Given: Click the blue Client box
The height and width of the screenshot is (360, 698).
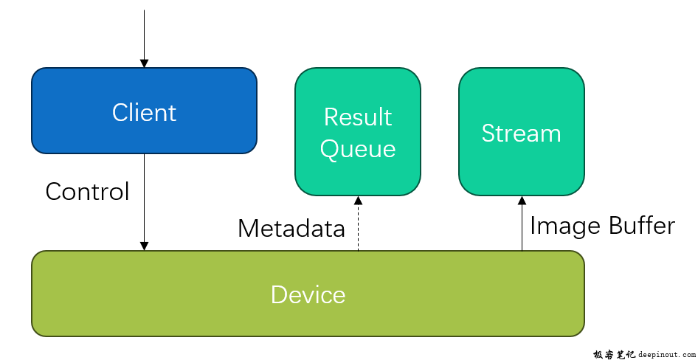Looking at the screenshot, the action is pos(144,111).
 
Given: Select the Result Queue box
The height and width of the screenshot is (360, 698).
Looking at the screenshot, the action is pos(358,132).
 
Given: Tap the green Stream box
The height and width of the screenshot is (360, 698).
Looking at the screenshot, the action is pos(521,132).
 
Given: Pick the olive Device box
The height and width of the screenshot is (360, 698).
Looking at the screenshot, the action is pos(308,294).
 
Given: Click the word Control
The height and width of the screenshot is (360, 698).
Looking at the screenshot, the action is pos(87,192).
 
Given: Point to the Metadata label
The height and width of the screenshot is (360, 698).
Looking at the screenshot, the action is pos(291,228).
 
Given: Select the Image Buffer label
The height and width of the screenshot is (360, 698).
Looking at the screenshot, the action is pos(602,226).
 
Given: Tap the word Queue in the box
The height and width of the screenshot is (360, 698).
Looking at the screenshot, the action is pos(358,149).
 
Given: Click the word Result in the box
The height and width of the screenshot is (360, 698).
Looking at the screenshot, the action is pos(358,117).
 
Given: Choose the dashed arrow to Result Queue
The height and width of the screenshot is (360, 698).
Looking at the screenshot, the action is pos(358,224).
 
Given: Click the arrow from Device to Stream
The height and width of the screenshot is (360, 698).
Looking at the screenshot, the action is pos(522,224).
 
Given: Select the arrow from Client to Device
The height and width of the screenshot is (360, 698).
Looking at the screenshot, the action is pos(144,202).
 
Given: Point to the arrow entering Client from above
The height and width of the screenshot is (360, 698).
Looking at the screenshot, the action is pos(144,38).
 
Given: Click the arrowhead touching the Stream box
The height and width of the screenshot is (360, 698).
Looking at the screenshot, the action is pos(522,200).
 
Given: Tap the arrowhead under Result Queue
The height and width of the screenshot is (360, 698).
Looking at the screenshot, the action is pos(358,200).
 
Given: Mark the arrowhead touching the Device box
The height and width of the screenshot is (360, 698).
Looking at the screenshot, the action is pos(144,246).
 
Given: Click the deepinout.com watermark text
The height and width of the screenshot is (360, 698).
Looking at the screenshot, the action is pos(666,355).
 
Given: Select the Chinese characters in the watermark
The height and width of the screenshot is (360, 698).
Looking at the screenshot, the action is pos(615,355).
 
